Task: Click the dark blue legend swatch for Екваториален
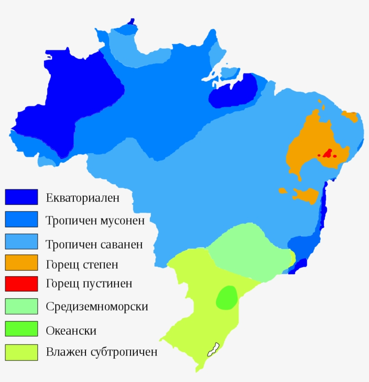click(x=21, y=197)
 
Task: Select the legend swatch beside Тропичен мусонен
click(x=21, y=219)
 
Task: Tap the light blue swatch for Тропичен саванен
click(x=21, y=241)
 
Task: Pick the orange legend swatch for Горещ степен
click(x=21, y=263)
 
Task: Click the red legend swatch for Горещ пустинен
click(x=21, y=284)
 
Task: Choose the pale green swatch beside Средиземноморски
click(x=21, y=306)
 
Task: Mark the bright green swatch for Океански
click(x=21, y=329)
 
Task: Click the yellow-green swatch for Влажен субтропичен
click(x=21, y=352)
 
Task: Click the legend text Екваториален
click(x=83, y=198)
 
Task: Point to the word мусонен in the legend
click(x=122, y=221)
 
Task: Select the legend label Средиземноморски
click(x=97, y=307)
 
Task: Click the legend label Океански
click(x=71, y=331)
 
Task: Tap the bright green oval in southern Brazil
click(x=227, y=297)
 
